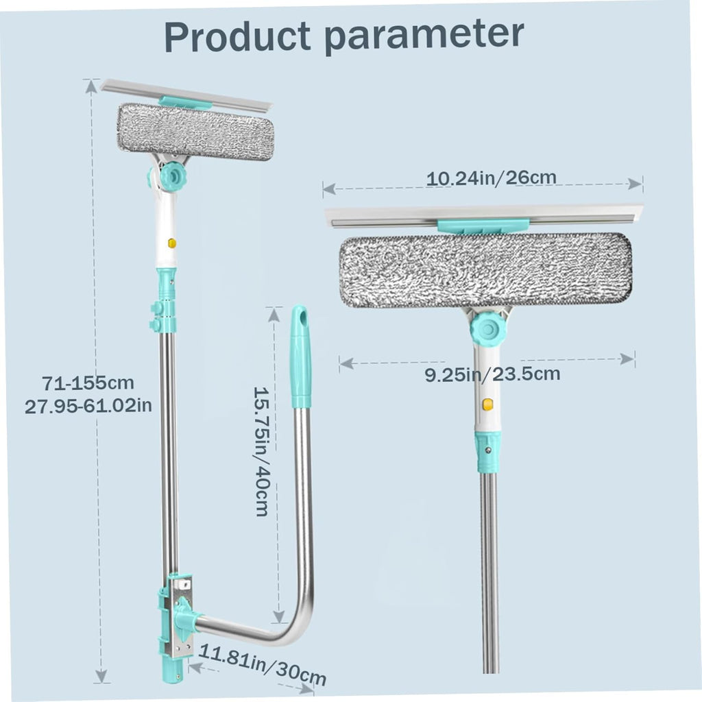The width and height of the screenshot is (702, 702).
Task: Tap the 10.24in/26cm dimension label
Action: click(x=491, y=178)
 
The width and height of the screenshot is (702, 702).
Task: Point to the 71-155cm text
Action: click(x=88, y=383)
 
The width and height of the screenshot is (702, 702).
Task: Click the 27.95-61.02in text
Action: click(x=88, y=406)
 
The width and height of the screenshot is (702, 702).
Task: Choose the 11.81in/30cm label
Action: click(x=263, y=665)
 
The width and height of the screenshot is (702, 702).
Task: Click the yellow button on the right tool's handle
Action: click(x=487, y=404)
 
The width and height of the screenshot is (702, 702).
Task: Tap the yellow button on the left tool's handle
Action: click(x=171, y=243)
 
